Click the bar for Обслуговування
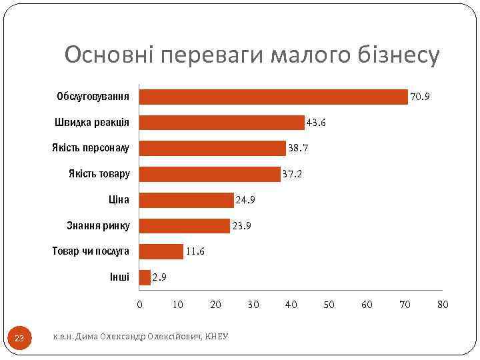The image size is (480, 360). click(x=273, y=97)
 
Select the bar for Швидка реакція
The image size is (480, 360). click(x=221, y=123)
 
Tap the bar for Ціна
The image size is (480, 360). click(x=187, y=200)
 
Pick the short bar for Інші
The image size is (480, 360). click(x=145, y=277)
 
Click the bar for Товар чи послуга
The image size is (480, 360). click(x=161, y=251)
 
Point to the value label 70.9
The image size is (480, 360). click(x=420, y=97)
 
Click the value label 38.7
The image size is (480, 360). click(x=297, y=149)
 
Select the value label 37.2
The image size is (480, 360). click(x=292, y=175)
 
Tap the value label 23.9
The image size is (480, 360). click(x=241, y=226)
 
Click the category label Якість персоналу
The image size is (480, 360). click(x=91, y=148)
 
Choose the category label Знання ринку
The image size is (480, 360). click(x=99, y=225)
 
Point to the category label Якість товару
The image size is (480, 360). click(x=99, y=174)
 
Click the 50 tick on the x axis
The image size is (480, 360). click(x=329, y=305)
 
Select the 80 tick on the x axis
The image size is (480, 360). click(x=443, y=305)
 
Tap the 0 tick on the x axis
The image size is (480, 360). click(x=139, y=305)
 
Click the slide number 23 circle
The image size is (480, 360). click(x=19, y=339)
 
